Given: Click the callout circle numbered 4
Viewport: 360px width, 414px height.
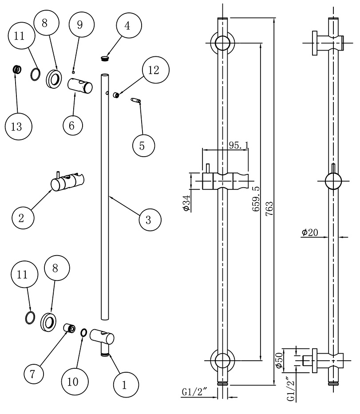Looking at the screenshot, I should (x=127, y=26).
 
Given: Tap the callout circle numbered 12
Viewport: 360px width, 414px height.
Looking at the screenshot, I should (x=153, y=70).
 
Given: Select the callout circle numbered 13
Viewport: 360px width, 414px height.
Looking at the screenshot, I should (x=16, y=126).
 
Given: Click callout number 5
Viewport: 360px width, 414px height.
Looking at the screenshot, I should (x=142, y=146).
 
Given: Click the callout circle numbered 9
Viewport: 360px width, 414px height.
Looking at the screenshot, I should (x=80, y=25).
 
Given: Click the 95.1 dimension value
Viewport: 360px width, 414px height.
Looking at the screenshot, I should (x=238, y=146).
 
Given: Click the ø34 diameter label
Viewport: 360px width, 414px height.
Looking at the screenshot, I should (x=186, y=203).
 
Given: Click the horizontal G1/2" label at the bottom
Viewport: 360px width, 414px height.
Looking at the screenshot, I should (x=195, y=392).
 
